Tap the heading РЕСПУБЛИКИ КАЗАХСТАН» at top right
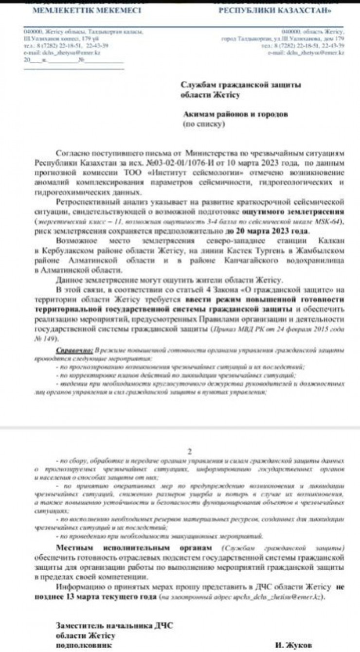click(x=276, y=10)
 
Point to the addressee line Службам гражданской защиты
click(x=241, y=85)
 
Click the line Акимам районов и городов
click(x=235, y=114)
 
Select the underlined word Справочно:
click(x=75, y=350)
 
